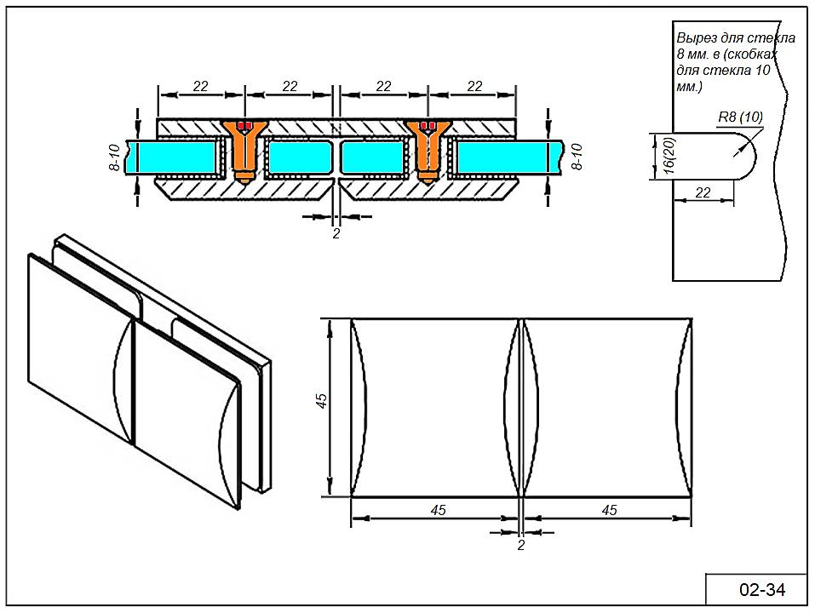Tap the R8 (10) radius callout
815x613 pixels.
pyautogui.click(x=740, y=117)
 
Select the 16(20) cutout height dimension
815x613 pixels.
pyautogui.click(x=657, y=157)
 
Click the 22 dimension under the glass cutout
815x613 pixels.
pyautogui.click(x=703, y=192)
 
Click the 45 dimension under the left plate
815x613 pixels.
pyautogui.click(x=438, y=510)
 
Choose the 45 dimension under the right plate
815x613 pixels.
pyautogui.click(x=609, y=510)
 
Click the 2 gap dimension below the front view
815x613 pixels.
pyautogui.click(x=521, y=546)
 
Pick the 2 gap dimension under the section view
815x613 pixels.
pyautogui.click(x=336, y=232)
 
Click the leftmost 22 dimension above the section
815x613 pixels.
pyautogui.click(x=201, y=86)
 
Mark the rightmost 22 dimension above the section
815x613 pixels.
pyautogui.click(x=475, y=86)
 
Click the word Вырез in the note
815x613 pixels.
pyautogui.click(x=695, y=38)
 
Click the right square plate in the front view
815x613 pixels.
pyautogui.click(x=606, y=407)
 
